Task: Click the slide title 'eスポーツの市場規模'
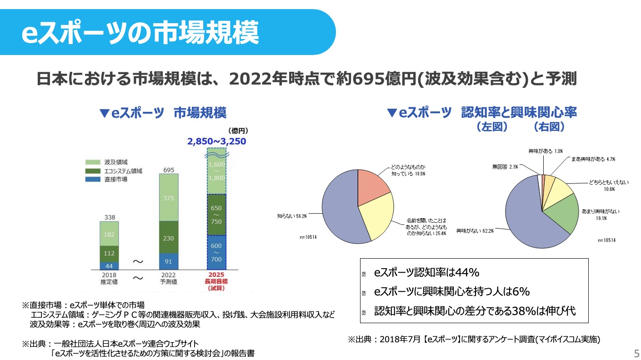click(140, 33)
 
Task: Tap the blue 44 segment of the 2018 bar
click(109, 266)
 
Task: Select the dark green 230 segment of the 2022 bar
click(169, 238)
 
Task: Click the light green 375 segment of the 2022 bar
click(169, 198)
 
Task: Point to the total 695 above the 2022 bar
click(169, 170)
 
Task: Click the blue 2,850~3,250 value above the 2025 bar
click(216, 141)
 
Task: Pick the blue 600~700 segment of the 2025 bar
click(216, 252)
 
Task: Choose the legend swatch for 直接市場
click(92, 180)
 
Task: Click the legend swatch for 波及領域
click(92, 162)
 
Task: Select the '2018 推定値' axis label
click(109, 278)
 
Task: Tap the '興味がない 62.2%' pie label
click(475, 230)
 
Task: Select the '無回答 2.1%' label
click(505, 167)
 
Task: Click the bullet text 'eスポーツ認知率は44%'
click(427, 273)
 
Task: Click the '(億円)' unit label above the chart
click(239, 131)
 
